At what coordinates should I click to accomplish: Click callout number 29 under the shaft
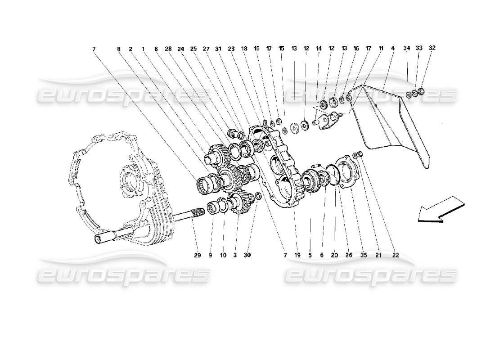[x=197, y=255]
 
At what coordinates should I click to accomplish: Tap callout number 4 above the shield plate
[x=393, y=47]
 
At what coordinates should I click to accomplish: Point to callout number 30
[x=247, y=255]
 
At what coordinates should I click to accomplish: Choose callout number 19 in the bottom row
[x=297, y=255]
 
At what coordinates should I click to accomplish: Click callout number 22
[x=395, y=255]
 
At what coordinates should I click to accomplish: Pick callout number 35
[x=364, y=255]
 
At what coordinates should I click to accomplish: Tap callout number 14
[x=319, y=48]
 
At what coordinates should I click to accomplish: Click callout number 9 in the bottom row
[x=210, y=255]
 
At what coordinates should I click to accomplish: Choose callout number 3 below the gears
[x=235, y=255]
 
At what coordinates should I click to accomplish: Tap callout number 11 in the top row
[x=380, y=48]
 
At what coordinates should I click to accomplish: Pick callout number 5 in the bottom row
[x=310, y=255]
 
